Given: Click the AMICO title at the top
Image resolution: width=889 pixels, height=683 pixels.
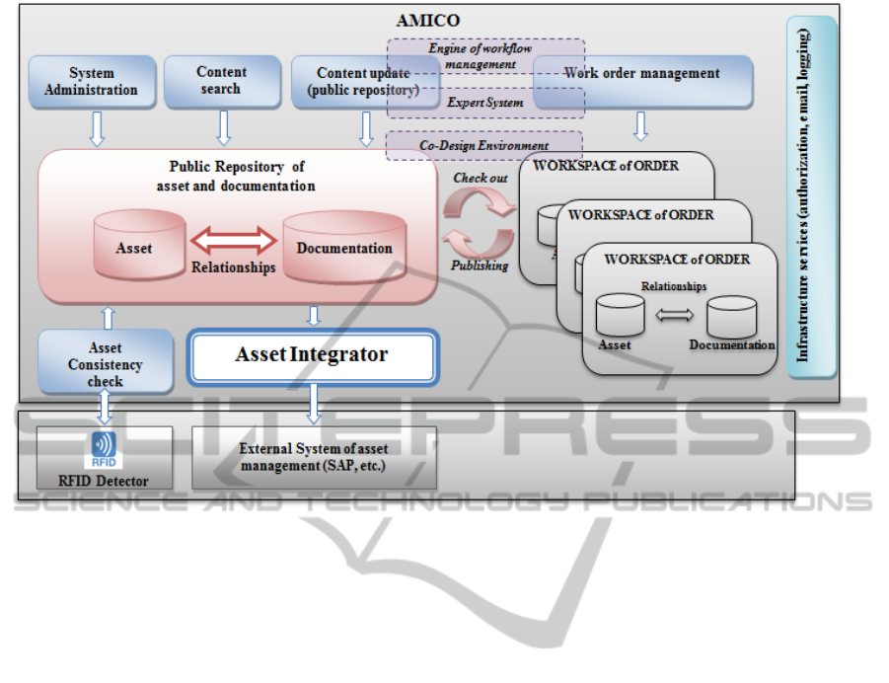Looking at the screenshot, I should click(428, 20).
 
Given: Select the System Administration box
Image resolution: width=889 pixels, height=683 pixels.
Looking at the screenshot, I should click(91, 81).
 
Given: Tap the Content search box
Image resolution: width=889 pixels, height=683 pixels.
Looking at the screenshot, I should click(221, 80).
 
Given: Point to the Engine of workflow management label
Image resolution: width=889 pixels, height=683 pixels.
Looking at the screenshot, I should click(485, 56).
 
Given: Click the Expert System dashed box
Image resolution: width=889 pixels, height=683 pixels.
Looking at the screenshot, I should click(485, 102).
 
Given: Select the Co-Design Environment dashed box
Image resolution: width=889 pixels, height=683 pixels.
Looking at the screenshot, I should click(483, 146).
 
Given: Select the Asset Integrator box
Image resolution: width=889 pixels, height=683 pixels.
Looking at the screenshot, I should click(312, 355).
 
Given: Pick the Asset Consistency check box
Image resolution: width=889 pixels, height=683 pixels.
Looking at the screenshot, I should click(106, 364).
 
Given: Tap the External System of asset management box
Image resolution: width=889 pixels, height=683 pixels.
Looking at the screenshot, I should click(313, 458).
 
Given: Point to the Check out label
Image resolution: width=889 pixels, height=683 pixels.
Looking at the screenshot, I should click(481, 178).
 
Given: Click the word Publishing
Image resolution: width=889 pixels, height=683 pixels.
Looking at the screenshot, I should click(480, 266).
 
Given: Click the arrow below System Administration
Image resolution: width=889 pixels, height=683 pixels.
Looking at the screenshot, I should click(97, 127).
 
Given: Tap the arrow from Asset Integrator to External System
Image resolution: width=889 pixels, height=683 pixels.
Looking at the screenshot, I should click(315, 403).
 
